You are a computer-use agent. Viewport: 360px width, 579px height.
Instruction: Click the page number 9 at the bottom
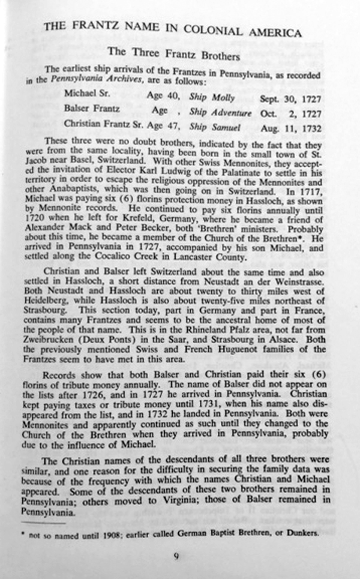(x=176, y=556)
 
